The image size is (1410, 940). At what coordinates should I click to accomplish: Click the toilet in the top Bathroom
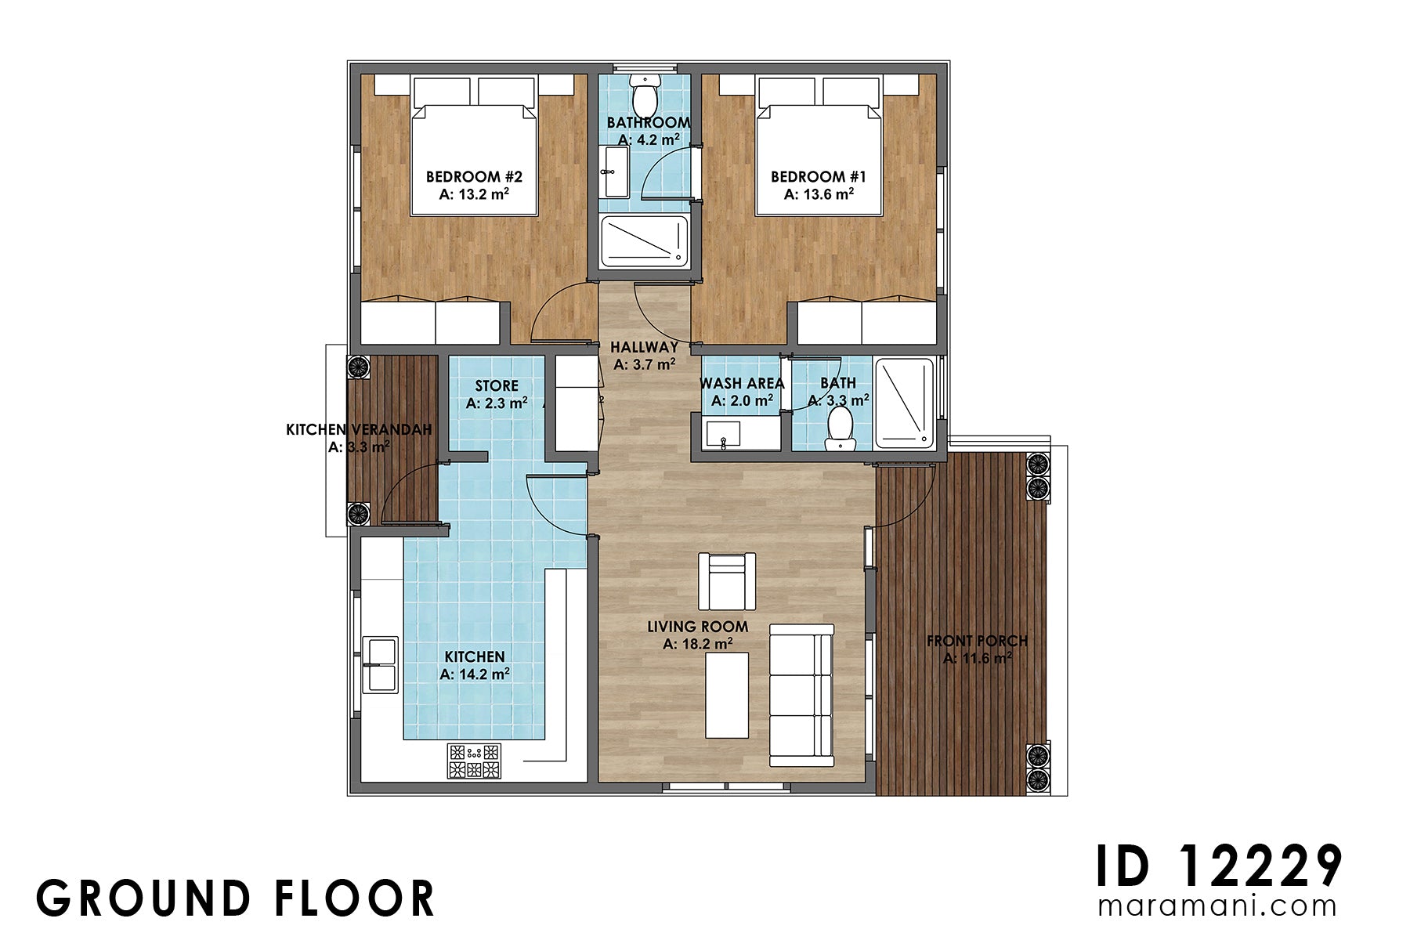tap(645, 95)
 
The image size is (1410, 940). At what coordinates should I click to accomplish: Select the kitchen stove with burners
tap(474, 761)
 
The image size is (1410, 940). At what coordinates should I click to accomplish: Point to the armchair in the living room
tap(727, 581)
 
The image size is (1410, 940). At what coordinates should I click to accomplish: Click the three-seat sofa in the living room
tap(801, 695)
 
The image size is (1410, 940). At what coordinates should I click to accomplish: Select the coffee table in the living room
tap(726, 696)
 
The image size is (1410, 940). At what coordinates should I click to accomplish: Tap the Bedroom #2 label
tap(474, 177)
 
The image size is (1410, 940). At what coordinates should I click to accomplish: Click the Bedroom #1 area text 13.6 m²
tap(819, 194)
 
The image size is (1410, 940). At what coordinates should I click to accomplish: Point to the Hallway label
tap(644, 347)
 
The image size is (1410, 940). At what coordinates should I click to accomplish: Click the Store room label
tap(497, 385)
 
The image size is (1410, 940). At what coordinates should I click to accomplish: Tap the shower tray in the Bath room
tap(904, 403)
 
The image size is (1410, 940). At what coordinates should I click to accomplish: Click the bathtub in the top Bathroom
tap(644, 240)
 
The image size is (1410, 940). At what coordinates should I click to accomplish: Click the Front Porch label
tap(977, 641)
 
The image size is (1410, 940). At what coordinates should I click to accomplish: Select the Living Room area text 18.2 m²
tap(698, 644)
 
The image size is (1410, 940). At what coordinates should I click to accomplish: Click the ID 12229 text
tap(1218, 866)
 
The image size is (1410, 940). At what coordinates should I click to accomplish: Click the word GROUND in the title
tap(143, 898)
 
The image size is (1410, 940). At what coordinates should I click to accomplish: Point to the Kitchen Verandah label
tap(359, 430)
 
